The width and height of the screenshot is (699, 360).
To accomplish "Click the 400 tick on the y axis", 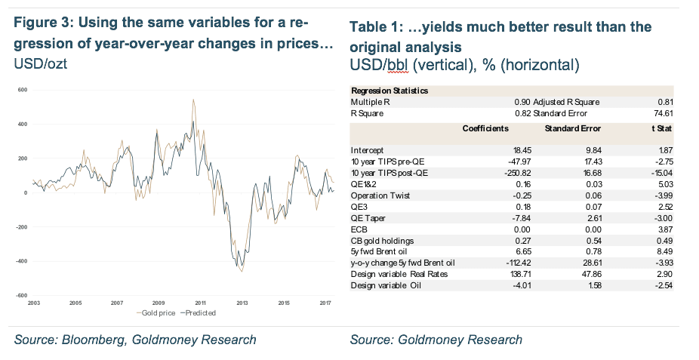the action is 23,125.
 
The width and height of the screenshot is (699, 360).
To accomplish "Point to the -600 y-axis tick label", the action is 22,295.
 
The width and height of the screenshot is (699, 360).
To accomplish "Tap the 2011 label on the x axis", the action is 200,303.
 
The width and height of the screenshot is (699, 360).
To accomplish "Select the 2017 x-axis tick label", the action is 325,303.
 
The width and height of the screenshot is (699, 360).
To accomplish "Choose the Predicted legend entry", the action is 198,312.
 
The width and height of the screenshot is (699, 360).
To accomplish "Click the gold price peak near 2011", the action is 193,100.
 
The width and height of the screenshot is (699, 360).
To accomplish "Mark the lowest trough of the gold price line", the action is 242,272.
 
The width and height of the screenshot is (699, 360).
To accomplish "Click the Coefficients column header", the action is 485,128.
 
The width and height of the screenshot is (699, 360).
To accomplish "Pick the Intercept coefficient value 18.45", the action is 522,151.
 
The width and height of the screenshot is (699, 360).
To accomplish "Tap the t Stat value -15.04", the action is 663,173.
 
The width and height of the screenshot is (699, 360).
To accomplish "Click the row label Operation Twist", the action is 380,195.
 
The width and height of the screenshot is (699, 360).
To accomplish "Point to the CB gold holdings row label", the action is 382,241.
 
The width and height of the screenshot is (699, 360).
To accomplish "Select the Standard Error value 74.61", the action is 664,113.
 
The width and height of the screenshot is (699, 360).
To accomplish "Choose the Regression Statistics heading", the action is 390,91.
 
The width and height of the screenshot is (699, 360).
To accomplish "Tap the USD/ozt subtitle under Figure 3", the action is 41,63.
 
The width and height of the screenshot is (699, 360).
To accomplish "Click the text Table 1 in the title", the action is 375,27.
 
